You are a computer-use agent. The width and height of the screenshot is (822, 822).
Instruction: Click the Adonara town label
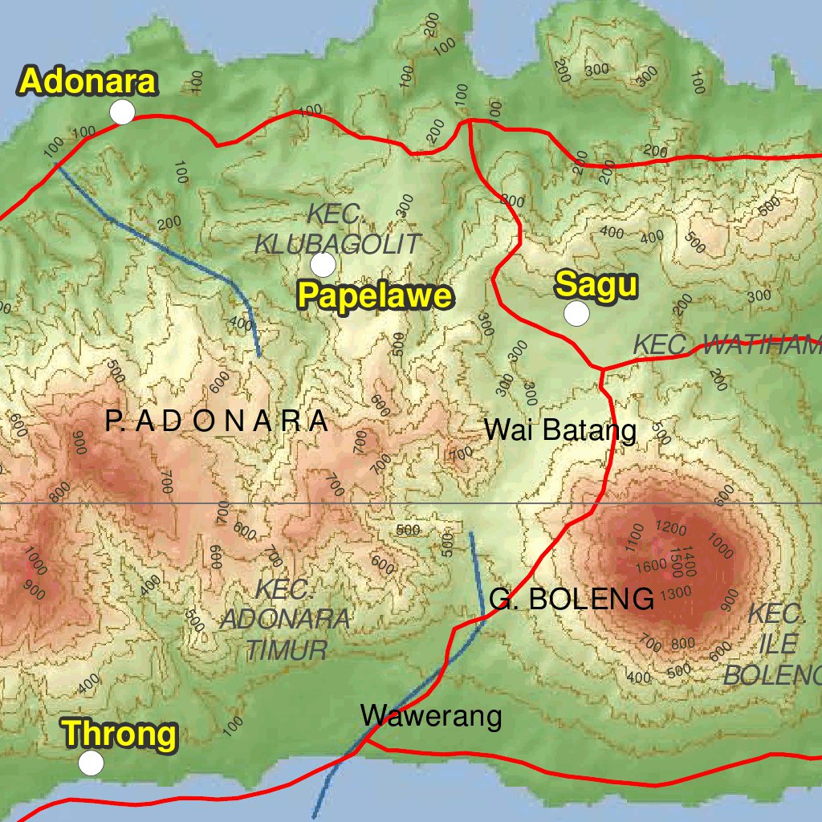(x=88, y=82)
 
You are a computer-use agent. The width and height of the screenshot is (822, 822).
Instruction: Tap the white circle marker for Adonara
(x=122, y=112)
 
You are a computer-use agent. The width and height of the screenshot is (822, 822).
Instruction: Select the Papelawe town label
(x=375, y=295)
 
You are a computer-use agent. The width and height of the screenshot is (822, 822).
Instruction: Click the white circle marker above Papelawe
(x=323, y=263)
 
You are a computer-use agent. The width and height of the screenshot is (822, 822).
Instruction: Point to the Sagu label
(x=596, y=284)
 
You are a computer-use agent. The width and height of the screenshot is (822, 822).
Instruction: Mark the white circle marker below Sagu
(x=576, y=314)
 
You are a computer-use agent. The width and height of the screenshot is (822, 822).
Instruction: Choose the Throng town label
(x=120, y=734)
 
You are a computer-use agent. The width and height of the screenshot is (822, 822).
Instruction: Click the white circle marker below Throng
(x=92, y=763)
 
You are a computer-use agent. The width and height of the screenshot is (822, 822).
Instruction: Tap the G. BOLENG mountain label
(x=572, y=599)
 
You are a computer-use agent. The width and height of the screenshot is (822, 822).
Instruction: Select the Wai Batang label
(x=560, y=430)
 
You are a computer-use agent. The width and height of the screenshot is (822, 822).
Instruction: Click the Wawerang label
(x=431, y=715)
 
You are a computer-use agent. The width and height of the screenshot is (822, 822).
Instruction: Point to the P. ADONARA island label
(x=217, y=421)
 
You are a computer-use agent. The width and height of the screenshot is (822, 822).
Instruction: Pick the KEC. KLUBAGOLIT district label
(x=337, y=230)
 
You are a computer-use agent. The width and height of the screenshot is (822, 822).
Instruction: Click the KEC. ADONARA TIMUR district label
(x=285, y=620)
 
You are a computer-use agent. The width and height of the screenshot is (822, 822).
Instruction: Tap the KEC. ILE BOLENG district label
(x=773, y=645)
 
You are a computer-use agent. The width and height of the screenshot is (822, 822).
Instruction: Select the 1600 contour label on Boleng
(x=650, y=565)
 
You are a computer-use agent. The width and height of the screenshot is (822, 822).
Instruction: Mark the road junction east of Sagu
(x=601, y=368)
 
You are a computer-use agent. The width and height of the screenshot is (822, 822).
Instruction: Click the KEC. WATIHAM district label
(x=726, y=346)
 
